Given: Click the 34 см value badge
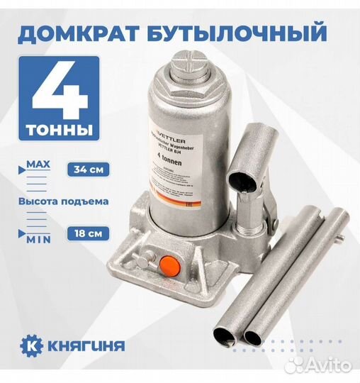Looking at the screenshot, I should click(x=88, y=170).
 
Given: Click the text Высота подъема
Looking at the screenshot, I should click(x=64, y=201).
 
